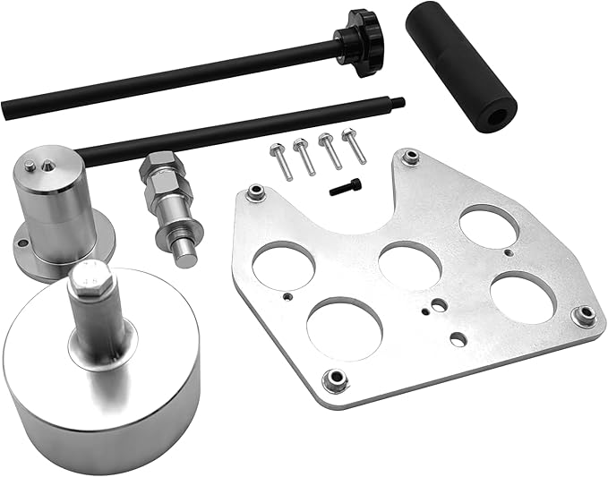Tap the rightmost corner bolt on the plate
click(x=586, y=313)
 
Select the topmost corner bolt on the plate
click(x=410, y=158)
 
